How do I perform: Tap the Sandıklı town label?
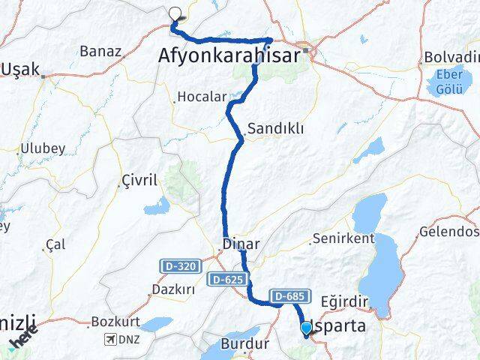275,128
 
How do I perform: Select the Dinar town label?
241,244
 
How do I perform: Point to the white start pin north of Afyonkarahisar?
176,14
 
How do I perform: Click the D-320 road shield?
176,265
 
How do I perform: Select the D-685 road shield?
288,296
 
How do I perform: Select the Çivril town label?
140,181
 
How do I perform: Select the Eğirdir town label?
346,301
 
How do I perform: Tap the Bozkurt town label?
111,322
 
